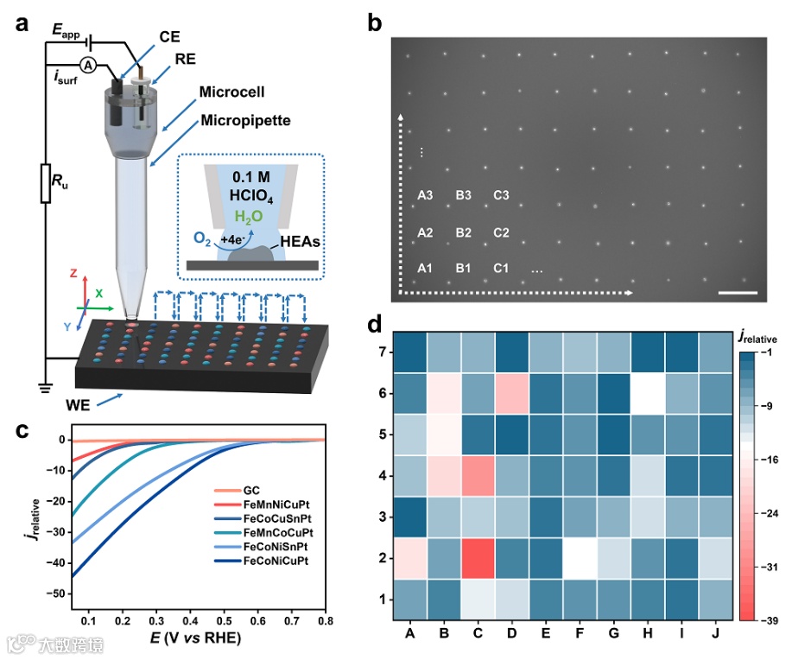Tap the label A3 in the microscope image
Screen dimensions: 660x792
(x=424, y=195)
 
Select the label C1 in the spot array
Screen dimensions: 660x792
(x=501, y=269)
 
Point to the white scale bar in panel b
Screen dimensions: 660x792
(x=737, y=293)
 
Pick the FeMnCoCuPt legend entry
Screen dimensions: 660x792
(x=278, y=534)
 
